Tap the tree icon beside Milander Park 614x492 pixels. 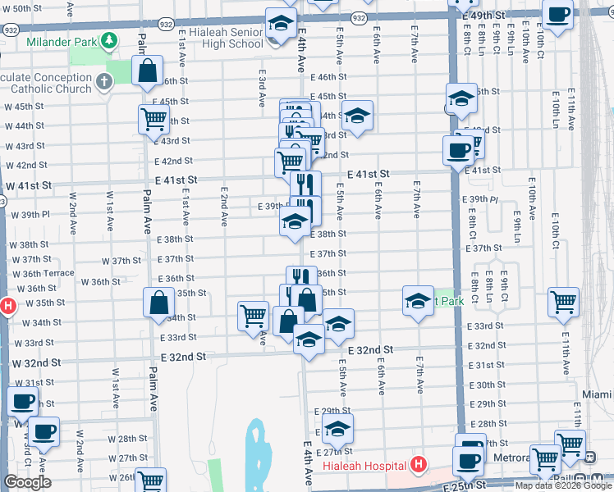(108, 40)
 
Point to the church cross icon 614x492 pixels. (104, 81)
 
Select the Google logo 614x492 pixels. (27, 482)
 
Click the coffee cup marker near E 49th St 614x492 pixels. (557, 16)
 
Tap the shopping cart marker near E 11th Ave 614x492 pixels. (563, 303)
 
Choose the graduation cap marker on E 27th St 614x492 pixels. (337, 429)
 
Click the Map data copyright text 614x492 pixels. (562, 485)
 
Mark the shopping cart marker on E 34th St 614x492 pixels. (253, 316)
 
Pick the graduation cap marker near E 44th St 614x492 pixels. (357, 116)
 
